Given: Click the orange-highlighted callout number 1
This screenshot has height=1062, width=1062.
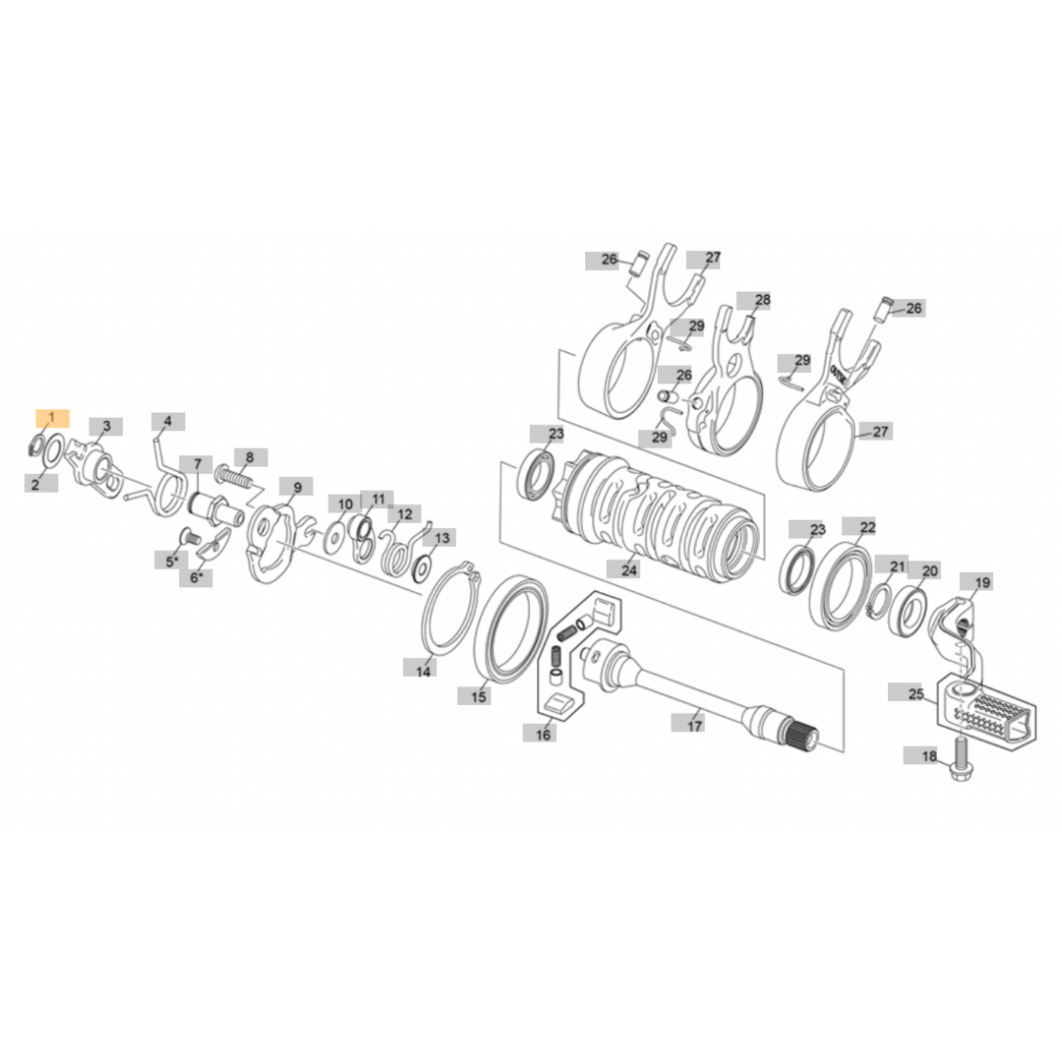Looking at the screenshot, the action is (52, 418).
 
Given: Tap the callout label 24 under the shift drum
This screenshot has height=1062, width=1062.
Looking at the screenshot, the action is (629, 569).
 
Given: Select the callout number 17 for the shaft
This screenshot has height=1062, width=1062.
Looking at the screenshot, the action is (695, 726).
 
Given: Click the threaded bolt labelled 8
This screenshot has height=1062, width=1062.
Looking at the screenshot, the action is (236, 477).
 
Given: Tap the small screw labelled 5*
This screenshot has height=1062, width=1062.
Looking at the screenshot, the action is (188, 538).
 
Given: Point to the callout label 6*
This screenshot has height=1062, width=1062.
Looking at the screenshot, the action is (196, 578).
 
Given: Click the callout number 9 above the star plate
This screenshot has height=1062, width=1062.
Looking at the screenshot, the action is (296, 487).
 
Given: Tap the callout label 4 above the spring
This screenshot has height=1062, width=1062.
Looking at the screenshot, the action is (168, 421).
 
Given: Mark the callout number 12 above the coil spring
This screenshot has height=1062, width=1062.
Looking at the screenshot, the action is (404, 513).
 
